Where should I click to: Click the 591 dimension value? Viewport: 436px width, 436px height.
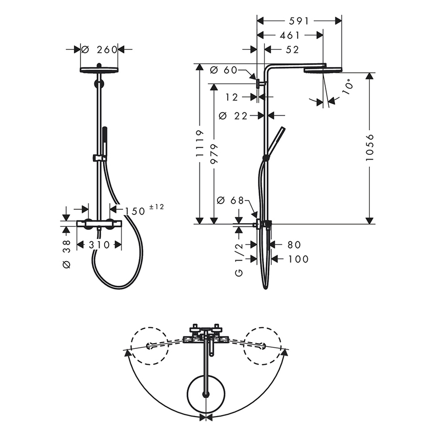pos(299,21)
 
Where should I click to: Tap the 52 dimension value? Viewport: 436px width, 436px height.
pos(292,49)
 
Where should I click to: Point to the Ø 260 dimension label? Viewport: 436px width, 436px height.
pos(100,50)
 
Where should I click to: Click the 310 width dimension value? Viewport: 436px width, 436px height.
pos(99,245)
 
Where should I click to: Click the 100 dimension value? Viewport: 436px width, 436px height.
pos(299,260)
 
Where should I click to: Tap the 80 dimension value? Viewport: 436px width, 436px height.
pos(294,245)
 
